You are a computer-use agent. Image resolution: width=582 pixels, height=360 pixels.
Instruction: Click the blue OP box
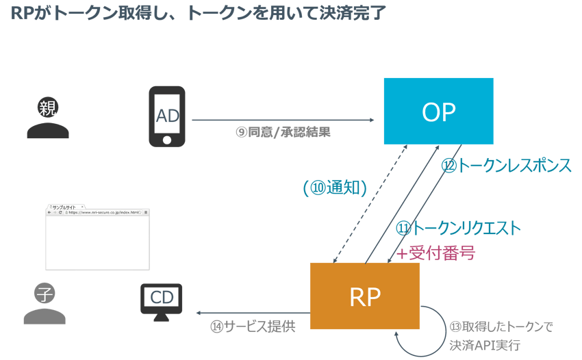coord(438,111)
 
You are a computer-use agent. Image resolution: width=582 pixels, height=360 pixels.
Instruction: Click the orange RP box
coord(365,296)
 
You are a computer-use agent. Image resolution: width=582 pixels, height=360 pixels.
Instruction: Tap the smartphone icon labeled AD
coord(167,116)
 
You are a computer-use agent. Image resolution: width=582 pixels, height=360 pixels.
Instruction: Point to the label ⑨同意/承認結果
coord(283,132)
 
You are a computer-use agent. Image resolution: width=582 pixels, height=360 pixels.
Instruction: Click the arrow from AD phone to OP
coord(282,120)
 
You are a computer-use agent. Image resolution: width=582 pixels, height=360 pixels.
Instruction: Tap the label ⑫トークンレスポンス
coord(506,166)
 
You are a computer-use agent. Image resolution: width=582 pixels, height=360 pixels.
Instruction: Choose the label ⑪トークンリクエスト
coord(459,228)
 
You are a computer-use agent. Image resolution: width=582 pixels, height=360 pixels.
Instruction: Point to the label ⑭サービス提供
coord(253,326)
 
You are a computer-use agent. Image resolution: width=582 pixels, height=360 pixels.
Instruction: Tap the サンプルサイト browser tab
coord(65,206)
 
